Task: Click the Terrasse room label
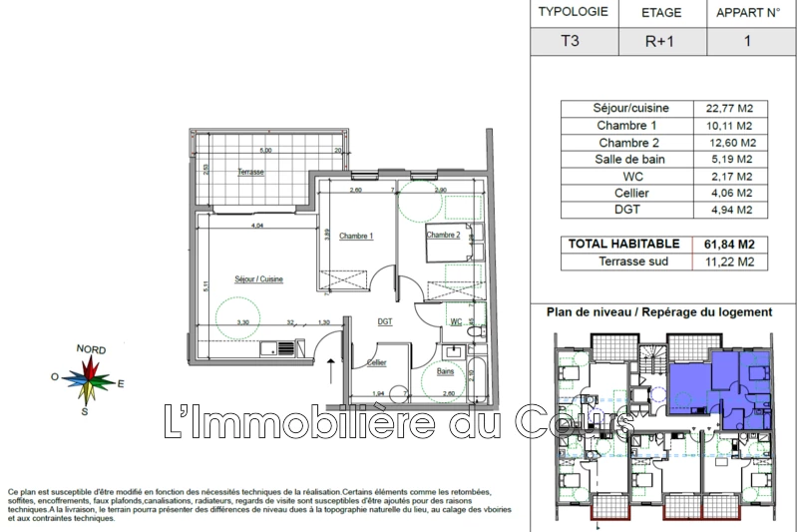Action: pyautogui.click(x=250, y=173)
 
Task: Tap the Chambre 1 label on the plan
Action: pyautogui.click(x=357, y=237)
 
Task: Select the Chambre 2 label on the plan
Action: pyautogui.click(x=443, y=236)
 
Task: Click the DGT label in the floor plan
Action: pyautogui.click(x=384, y=321)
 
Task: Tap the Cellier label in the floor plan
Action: pyautogui.click(x=377, y=362)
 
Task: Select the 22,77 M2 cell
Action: pyautogui.click(x=728, y=108)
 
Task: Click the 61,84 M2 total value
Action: pyautogui.click(x=728, y=244)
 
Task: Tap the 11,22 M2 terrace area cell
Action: pyautogui.click(x=728, y=262)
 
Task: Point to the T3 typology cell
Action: pyautogui.click(x=570, y=42)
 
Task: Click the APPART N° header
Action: pyautogui.click(x=747, y=13)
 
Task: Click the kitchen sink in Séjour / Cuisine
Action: pyautogui.click(x=286, y=348)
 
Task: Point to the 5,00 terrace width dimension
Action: pyautogui.click(x=265, y=150)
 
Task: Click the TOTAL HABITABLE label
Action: pyautogui.click(x=623, y=244)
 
